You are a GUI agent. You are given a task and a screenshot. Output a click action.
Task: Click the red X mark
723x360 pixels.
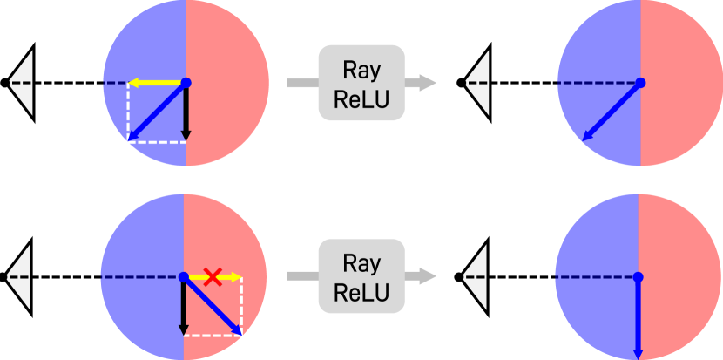[x=212, y=277]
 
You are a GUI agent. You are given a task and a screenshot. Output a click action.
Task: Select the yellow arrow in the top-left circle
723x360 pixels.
[x=155, y=83]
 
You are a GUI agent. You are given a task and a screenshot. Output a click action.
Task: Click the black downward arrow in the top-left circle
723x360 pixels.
[x=185, y=113]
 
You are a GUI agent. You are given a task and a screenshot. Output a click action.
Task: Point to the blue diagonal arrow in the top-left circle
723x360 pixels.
[x=157, y=112]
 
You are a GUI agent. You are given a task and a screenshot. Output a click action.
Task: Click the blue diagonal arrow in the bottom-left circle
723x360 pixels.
[x=213, y=306]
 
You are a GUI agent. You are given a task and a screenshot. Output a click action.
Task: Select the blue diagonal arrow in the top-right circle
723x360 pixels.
[x=611, y=111]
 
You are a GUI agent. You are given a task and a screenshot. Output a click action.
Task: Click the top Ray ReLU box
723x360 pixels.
[x=361, y=83]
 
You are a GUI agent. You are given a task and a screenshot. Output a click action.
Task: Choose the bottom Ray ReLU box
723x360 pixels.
[x=361, y=277]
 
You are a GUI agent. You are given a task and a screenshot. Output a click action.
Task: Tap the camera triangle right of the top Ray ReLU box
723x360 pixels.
[x=477, y=83]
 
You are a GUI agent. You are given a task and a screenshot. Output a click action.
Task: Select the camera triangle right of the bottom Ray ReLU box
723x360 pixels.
[x=476, y=277]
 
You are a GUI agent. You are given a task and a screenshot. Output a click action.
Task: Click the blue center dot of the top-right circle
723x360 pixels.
[x=640, y=83]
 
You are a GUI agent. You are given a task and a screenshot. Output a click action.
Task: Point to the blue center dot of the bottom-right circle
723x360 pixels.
[x=638, y=277]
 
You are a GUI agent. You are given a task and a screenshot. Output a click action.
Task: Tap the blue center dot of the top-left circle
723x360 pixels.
[x=186, y=83]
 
